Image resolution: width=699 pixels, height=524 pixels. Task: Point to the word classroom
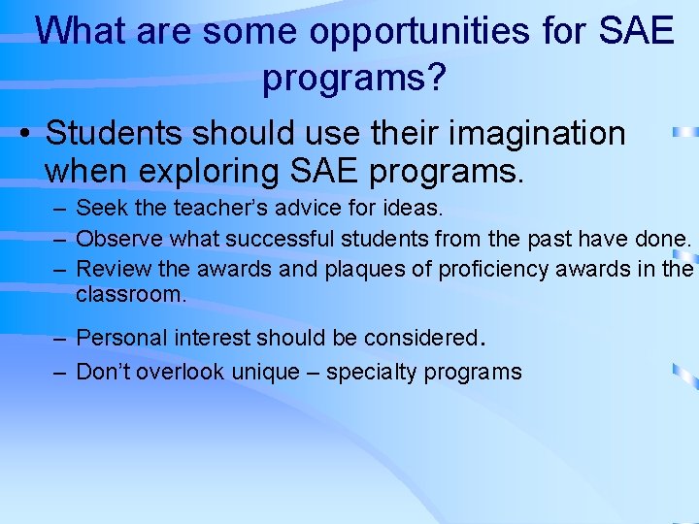129,294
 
